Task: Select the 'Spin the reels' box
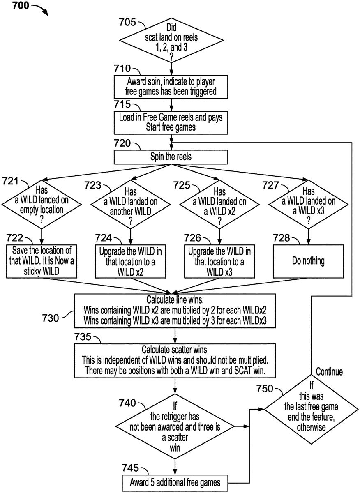click(171, 157)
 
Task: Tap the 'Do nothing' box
click(308, 261)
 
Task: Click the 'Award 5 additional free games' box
click(175, 481)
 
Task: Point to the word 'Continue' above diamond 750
click(329, 372)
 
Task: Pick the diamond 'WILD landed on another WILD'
click(130, 205)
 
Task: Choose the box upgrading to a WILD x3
click(219, 261)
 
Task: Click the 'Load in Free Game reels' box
click(171, 122)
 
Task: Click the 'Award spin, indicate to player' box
click(171, 87)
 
